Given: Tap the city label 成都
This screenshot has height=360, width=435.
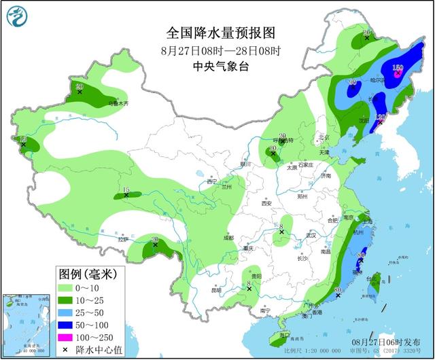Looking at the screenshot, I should pos(226,238).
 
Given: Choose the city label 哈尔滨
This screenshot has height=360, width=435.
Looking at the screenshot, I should pos(378,80).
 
